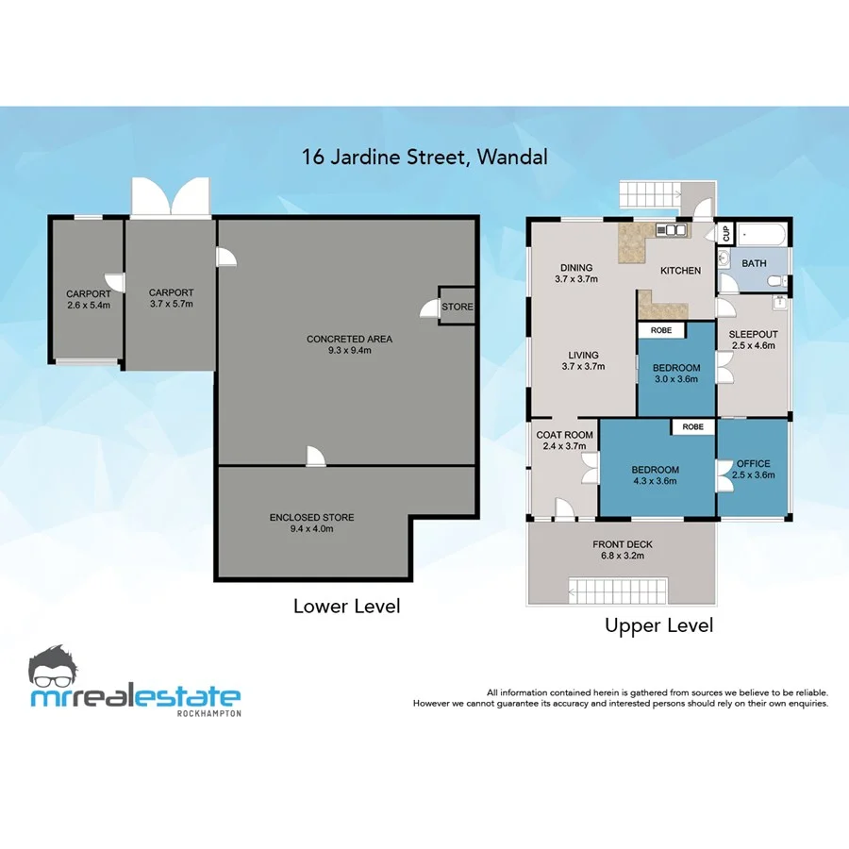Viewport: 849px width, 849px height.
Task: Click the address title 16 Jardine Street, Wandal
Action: pyautogui.click(x=424, y=157)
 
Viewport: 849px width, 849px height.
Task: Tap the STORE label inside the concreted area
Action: pyautogui.click(x=458, y=307)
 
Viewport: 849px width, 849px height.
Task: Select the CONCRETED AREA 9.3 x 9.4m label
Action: pyautogui.click(x=349, y=344)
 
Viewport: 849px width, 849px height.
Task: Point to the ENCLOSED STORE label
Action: pyautogui.click(x=311, y=523)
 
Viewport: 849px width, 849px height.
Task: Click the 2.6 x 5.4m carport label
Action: pyautogui.click(x=89, y=299)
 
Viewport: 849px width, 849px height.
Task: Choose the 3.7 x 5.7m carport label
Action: pyautogui.click(x=171, y=298)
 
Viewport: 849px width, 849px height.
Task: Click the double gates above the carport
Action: pyautogui.click(x=171, y=197)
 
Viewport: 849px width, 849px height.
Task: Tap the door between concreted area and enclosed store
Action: pyautogui.click(x=315, y=457)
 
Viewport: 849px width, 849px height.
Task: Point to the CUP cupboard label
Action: pyautogui.click(x=726, y=232)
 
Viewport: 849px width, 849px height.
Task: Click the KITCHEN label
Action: pyautogui.click(x=680, y=271)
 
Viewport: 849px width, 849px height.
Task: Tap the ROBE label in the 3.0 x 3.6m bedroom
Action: pyautogui.click(x=661, y=331)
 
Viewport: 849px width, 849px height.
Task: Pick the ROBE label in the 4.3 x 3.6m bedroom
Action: pyautogui.click(x=693, y=427)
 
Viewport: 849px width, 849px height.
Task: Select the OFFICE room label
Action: pyautogui.click(x=753, y=469)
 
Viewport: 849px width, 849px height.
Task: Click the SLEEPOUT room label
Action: pyautogui.click(x=754, y=340)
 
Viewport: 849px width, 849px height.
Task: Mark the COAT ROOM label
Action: pyautogui.click(x=564, y=441)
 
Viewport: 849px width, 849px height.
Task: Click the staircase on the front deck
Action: pyautogui.click(x=617, y=592)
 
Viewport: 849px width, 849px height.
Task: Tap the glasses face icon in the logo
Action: pyautogui.click(x=58, y=669)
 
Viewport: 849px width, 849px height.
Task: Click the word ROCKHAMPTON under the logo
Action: pyautogui.click(x=208, y=713)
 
